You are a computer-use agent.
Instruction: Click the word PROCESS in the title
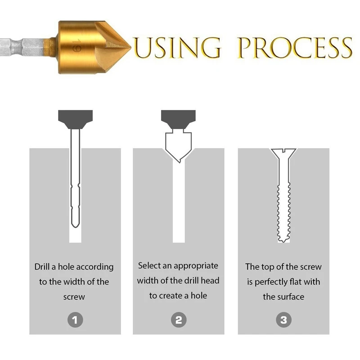pos(295,47)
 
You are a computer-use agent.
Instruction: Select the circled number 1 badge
pos(75,320)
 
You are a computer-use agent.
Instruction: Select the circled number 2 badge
pos(179,320)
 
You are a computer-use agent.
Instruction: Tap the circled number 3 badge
pos(283,320)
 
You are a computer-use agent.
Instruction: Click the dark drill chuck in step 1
pos(75,118)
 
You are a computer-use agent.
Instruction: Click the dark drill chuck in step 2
pos(179,118)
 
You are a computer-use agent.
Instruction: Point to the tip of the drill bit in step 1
pos(75,225)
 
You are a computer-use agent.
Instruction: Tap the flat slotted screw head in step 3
pos(283,151)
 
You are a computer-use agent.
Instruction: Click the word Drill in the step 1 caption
pos(43,267)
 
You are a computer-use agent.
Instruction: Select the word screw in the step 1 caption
pos(74,297)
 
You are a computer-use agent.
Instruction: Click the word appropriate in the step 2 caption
pos(196,266)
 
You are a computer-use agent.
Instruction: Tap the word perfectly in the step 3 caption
pos(273,282)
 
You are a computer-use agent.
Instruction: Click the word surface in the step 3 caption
pos(290,297)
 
